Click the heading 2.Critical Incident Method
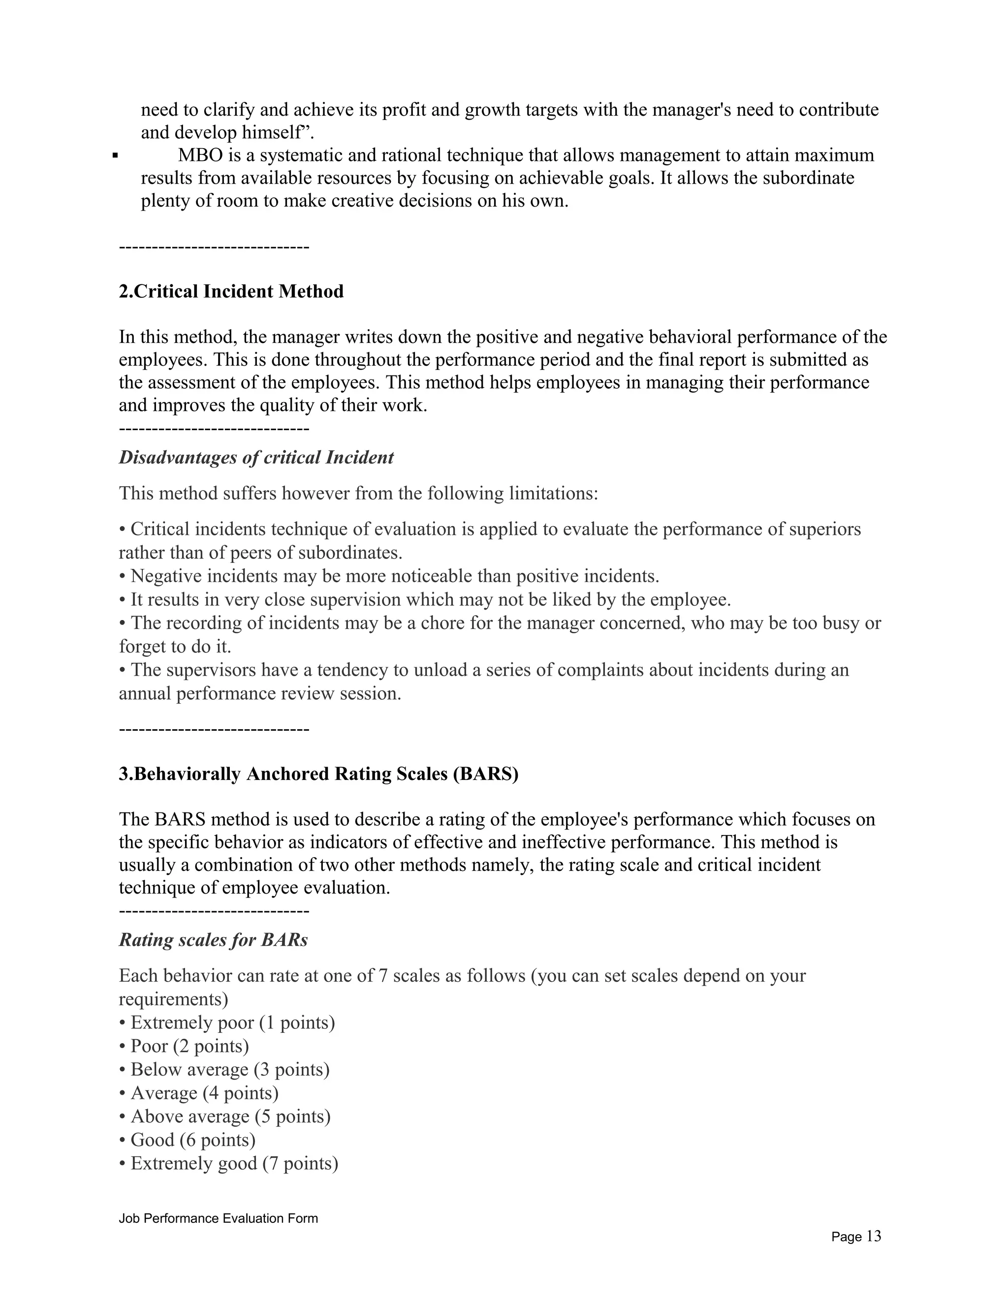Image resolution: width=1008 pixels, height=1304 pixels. pos(231,291)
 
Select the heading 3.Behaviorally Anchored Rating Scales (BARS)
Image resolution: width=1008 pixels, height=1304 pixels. pos(318,774)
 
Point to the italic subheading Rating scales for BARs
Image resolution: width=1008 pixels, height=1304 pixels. pos(213,940)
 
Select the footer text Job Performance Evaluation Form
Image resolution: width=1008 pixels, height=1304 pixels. pos(218,1218)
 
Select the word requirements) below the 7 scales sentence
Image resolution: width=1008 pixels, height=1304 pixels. pos(173,999)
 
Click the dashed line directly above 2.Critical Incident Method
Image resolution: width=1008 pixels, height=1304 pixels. pos(214,247)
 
